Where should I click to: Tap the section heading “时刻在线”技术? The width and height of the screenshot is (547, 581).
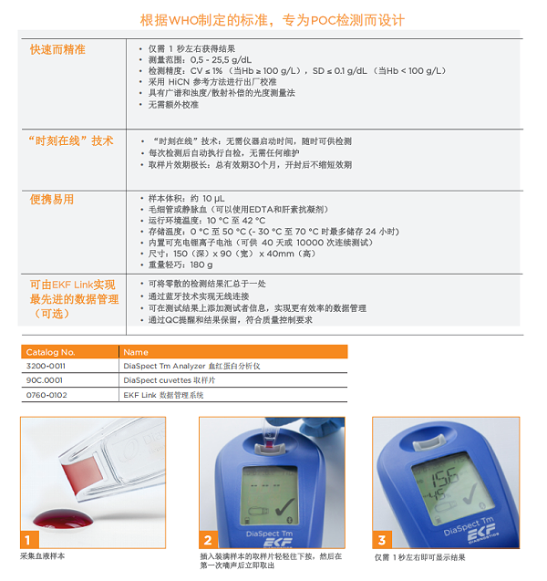(x=72, y=140)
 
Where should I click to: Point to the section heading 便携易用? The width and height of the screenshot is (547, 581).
(x=52, y=199)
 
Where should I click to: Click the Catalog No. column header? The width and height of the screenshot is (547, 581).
(x=51, y=351)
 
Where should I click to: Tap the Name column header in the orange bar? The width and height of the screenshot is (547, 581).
(x=136, y=351)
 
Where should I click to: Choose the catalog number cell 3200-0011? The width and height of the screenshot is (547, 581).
(x=46, y=365)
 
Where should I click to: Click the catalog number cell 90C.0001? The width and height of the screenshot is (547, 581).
(x=45, y=379)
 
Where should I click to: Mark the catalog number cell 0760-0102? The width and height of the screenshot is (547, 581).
(x=46, y=394)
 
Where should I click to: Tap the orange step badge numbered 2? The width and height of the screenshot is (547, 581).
(x=209, y=539)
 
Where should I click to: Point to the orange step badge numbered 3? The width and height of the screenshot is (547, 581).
(x=384, y=539)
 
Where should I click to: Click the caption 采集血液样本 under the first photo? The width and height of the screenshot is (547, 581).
(x=43, y=556)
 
